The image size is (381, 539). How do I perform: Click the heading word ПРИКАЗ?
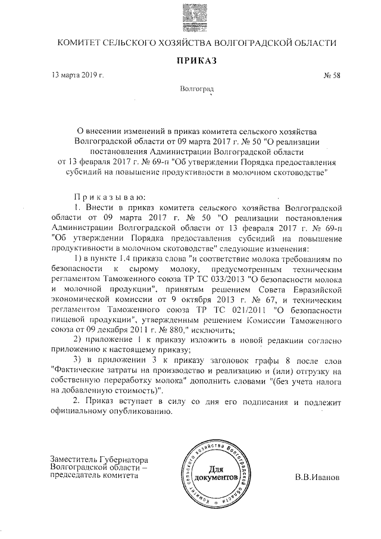point(195,61)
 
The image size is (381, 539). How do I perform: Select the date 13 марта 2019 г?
point(78,76)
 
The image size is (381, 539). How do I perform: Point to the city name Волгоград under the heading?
point(196,89)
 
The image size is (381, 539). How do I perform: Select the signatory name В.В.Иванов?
point(318,478)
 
